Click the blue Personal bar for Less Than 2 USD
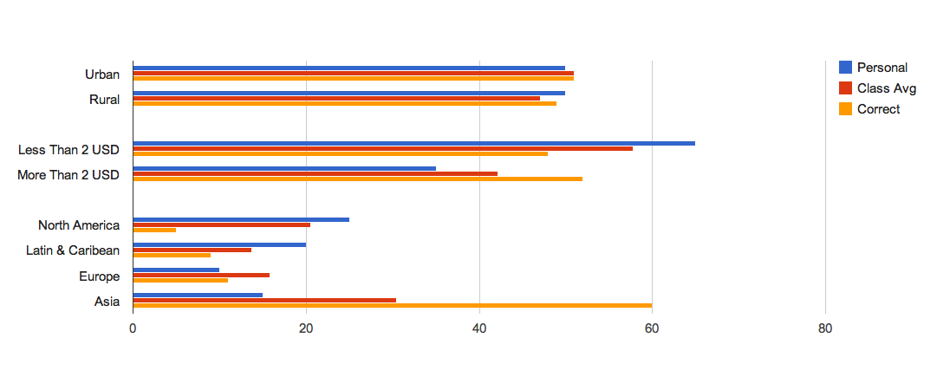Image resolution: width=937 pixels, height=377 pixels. (413, 143)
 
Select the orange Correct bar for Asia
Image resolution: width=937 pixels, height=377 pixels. (392, 305)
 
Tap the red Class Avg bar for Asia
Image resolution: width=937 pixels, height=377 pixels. (264, 300)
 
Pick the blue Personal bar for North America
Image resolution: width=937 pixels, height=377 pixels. (241, 219)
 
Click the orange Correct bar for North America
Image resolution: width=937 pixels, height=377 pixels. (154, 230)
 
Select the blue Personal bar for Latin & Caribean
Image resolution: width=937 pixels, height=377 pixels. (219, 244)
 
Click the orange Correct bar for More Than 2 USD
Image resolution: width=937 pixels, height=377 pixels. (357, 179)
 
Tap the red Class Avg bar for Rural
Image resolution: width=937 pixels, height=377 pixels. (336, 98)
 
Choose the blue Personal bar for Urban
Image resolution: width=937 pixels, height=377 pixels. (348, 68)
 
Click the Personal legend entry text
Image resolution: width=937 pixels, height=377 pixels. (882, 68)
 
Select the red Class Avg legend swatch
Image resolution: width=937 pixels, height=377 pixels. (846, 88)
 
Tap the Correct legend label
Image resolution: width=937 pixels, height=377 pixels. (879, 109)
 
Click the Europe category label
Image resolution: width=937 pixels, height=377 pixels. (99, 276)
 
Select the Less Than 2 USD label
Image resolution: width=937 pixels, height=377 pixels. (68, 150)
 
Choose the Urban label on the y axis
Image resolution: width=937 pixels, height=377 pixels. (102, 75)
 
